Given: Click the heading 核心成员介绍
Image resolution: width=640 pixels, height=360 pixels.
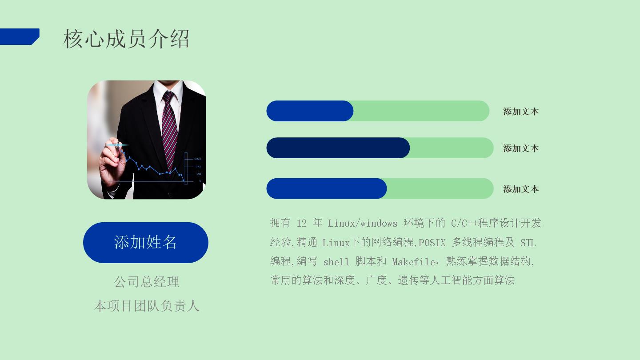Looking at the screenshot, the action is point(126,39).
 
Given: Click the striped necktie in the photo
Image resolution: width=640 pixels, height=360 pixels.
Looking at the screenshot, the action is point(169,130).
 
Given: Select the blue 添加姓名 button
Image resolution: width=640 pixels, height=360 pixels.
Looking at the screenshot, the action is point(146,243).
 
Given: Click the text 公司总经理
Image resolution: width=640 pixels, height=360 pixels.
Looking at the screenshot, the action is point(147,282).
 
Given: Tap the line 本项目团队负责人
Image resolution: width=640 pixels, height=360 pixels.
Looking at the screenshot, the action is point(147,306).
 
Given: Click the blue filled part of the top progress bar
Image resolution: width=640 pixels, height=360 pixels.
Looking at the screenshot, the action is point(310,111).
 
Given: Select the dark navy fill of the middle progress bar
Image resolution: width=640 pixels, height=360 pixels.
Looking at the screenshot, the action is point(338,148).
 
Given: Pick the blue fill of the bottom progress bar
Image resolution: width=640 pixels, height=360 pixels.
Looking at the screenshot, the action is point(327,188).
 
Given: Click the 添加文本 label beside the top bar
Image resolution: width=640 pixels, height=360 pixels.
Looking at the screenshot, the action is point(521,112).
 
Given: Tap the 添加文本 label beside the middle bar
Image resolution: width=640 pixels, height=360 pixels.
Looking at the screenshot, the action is point(521,148).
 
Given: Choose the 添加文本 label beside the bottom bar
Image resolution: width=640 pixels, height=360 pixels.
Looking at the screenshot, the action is point(521,189).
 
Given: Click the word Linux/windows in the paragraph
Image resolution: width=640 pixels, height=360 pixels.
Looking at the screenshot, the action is point(362,223).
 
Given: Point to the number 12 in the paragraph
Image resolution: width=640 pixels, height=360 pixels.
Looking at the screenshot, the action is point(302,223).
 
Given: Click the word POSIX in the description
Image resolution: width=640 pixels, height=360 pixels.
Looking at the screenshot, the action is point(432,243).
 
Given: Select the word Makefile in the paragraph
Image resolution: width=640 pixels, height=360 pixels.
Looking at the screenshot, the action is point(413,262).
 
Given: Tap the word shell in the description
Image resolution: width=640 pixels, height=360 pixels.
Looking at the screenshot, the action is point(336,262).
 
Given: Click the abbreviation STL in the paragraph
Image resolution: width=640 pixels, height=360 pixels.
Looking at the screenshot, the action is point(528,243).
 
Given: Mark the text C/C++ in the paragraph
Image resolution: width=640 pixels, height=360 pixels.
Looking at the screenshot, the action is point(464,223).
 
